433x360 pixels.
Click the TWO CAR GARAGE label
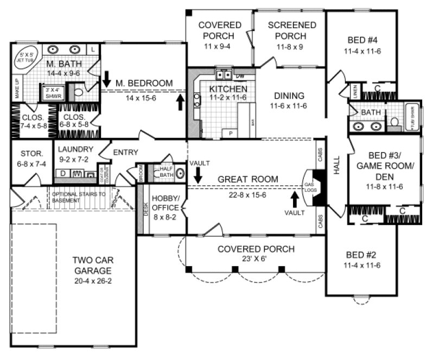click(x=93, y=265)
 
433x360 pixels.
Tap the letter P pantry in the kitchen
click(x=231, y=133)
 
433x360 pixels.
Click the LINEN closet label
click(x=354, y=89)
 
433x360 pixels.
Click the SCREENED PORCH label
click(x=292, y=30)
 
